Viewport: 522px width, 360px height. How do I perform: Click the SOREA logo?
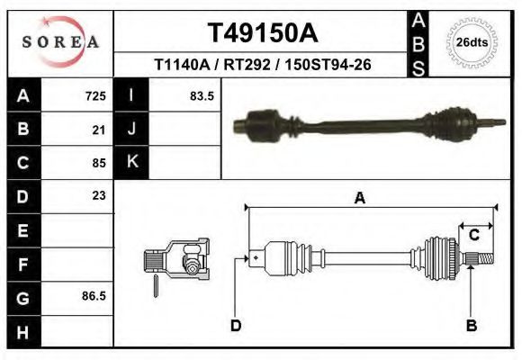(x=61, y=42)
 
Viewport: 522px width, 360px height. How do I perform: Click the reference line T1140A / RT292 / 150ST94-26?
(x=263, y=65)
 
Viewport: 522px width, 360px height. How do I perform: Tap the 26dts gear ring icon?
(x=471, y=42)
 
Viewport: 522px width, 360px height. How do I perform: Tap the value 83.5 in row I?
(x=202, y=96)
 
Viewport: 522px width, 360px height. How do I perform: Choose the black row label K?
(x=131, y=162)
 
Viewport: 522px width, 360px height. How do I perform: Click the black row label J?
(x=131, y=130)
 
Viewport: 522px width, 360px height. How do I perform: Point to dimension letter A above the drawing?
(x=360, y=199)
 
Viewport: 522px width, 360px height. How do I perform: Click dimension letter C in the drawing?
(x=473, y=234)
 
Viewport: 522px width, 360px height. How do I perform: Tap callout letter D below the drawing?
(x=236, y=325)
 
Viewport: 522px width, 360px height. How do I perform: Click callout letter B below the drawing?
(x=471, y=325)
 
